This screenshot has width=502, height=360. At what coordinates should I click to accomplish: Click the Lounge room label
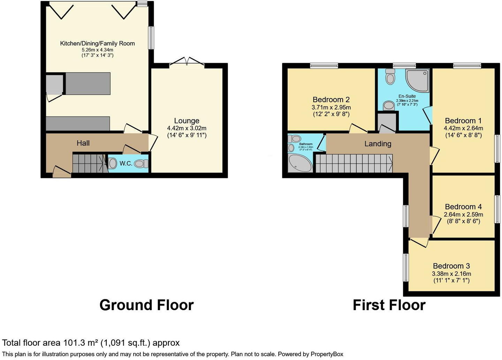point(187,121)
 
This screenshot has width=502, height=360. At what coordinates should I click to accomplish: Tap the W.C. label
point(125,163)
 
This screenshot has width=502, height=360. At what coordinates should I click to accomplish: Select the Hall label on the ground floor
point(83,143)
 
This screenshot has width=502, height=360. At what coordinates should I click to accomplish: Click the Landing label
point(378,144)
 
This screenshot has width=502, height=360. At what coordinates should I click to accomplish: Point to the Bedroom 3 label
point(451,266)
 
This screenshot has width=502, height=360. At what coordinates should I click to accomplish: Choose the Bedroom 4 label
point(463,207)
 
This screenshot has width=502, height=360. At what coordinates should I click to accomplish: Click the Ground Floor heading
point(146,305)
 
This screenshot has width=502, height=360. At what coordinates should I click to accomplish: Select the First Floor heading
point(389,305)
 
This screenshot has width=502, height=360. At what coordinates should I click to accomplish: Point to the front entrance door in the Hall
point(62,172)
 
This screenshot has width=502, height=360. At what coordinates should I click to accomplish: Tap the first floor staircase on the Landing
point(353,163)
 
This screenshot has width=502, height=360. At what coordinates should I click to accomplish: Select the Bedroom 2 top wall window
point(324,66)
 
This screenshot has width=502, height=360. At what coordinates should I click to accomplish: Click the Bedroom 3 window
point(406,267)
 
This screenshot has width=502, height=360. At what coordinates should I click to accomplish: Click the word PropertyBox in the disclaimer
point(327,354)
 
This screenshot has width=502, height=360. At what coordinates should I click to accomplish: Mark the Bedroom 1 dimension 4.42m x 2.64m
point(463,128)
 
